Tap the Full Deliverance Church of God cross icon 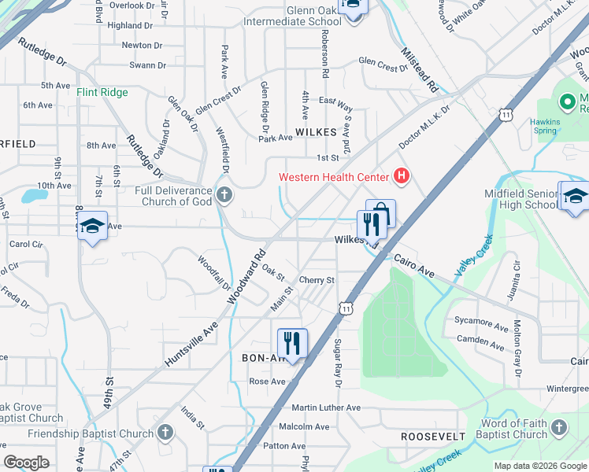pyautogui.click(x=224, y=194)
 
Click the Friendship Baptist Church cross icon pyautogui.click(x=165, y=432)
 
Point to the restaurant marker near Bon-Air pyautogui.click(x=291, y=342)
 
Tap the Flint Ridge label pyautogui.click(x=102, y=92)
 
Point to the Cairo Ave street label pyautogui.click(x=413, y=264)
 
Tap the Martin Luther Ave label pyautogui.click(x=325, y=407)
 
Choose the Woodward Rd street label pyautogui.click(x=246, y=278)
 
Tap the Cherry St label pyautogui.click(x=317, y=279)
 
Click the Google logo pyautogui.click(x=27, y=463)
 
